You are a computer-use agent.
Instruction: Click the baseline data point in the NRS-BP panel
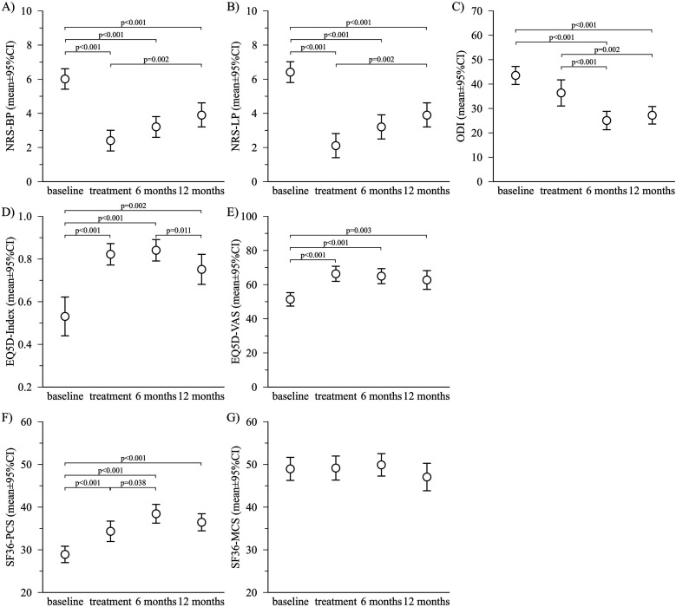[65, 79]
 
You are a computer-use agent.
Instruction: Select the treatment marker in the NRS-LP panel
[336, 146]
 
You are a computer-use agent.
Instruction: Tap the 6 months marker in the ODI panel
[607, 121]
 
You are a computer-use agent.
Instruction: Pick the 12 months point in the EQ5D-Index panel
[201, 270]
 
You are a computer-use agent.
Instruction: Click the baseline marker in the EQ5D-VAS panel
[290, 299]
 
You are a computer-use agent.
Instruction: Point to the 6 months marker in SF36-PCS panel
[155, 513]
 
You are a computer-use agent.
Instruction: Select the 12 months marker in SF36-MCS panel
[427, 477]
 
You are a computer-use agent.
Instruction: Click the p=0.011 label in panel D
[179, 231]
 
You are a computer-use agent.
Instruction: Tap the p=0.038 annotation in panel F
[134, 483]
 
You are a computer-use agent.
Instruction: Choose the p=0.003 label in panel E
[358, 231]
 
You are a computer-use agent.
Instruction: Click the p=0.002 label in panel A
[156, 60]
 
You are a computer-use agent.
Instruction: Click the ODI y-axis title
[461, 97]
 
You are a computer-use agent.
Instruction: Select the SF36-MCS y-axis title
[235, 507]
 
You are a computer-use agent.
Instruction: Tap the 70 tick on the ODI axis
[476, 10]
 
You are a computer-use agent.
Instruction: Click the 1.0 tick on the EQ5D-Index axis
[25, 216]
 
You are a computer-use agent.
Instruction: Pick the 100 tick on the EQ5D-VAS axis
[250, 216]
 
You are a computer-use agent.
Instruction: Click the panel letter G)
[233, 418]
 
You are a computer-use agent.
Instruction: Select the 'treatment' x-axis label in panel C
[561, 191]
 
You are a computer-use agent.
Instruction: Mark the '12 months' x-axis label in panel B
[427, 191]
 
